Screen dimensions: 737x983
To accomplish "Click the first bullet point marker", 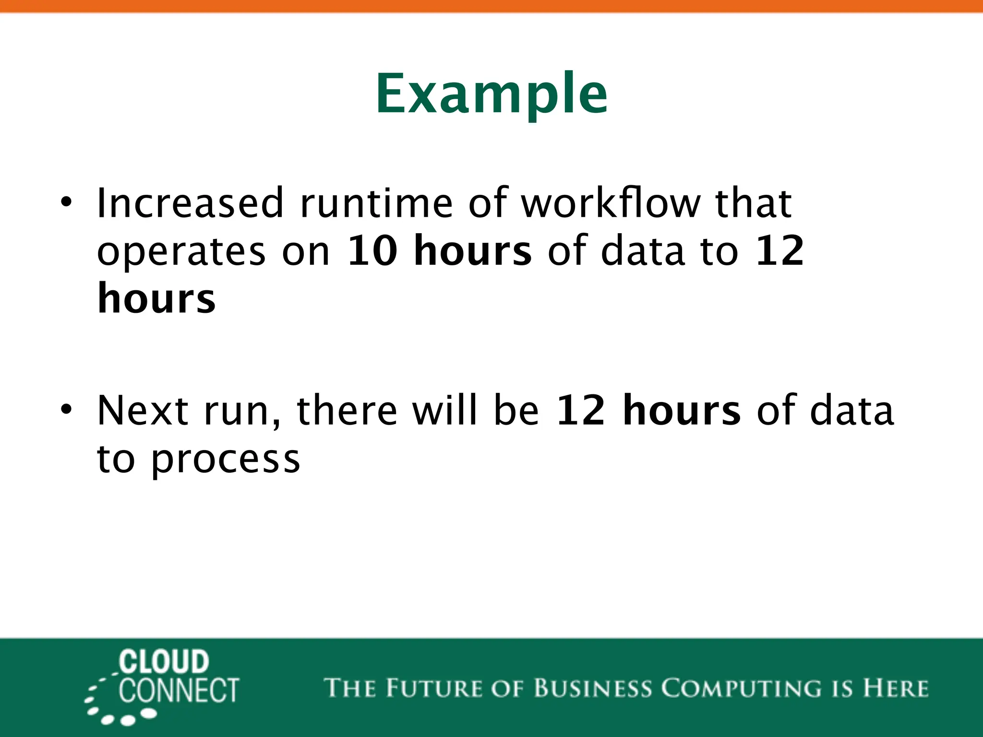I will click(x=66, y=202).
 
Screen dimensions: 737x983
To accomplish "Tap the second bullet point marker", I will click(x=66, y=410).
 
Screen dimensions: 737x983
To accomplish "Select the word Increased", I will click(x=190, y=203).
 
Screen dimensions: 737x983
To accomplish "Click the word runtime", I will click(x=376, y=203).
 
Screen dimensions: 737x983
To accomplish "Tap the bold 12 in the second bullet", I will click(x=580, y=410).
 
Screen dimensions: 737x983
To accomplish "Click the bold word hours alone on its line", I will click(x=156, y=298).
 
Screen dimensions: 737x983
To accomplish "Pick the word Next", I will click(x=143, y=410).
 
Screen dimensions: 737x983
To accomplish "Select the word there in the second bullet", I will click(x=347, y=410).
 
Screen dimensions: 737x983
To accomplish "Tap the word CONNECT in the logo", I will click(x=179, y=691).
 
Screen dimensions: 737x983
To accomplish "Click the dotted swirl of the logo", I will click(x=110, y=705).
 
